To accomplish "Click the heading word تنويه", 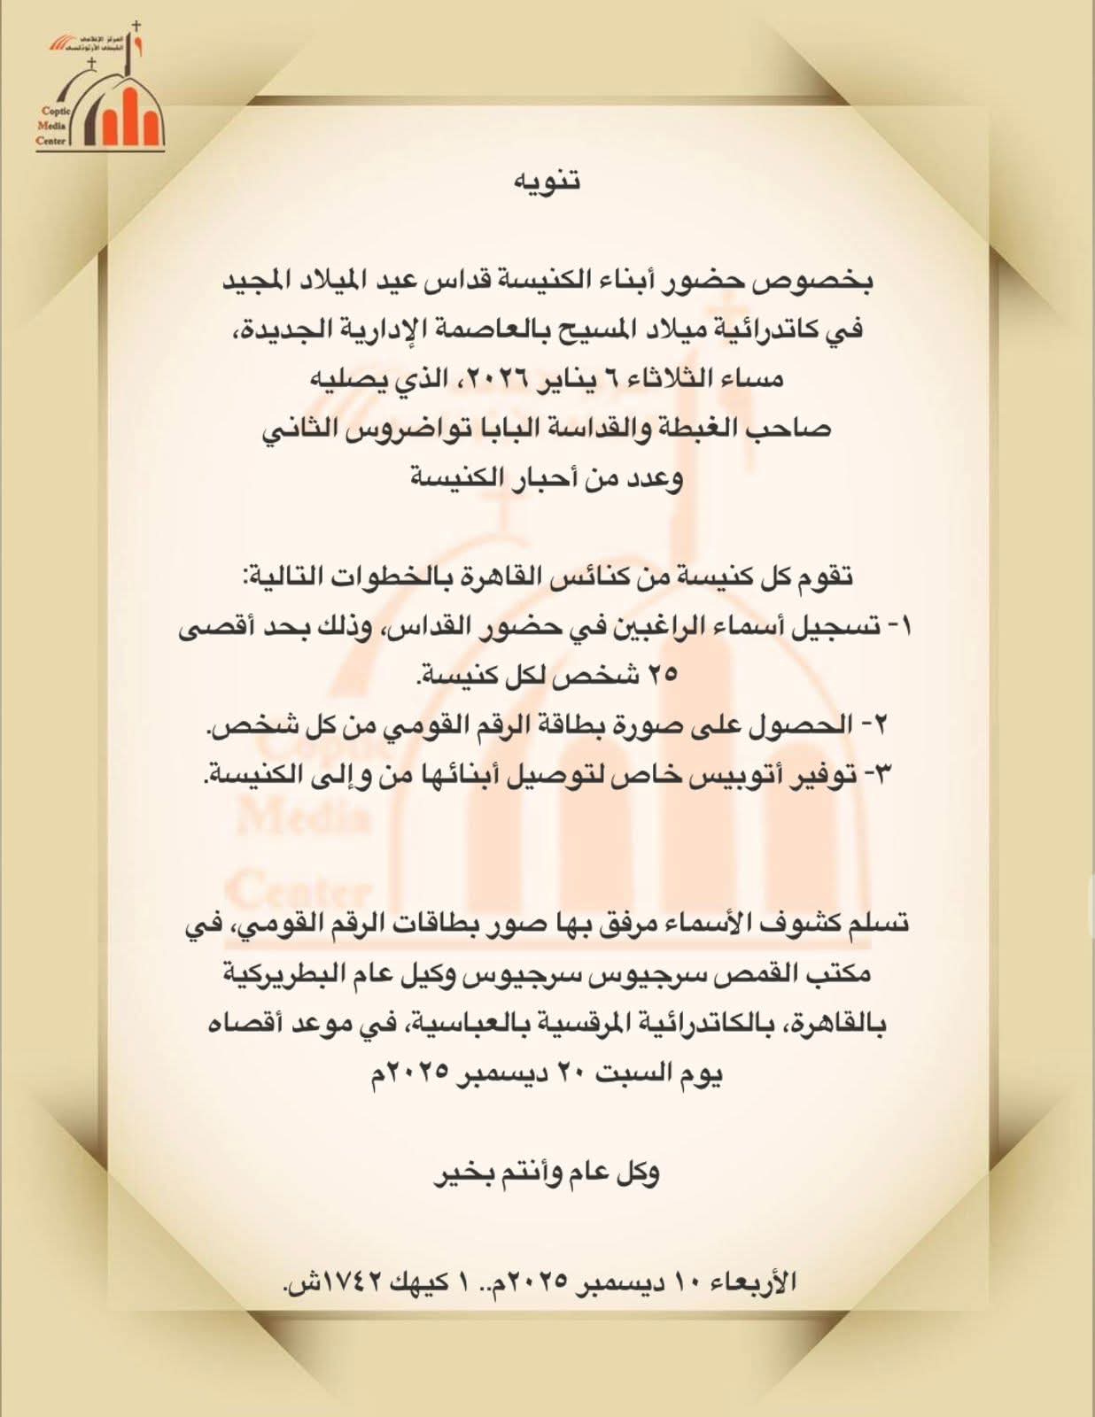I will [547, 180].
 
